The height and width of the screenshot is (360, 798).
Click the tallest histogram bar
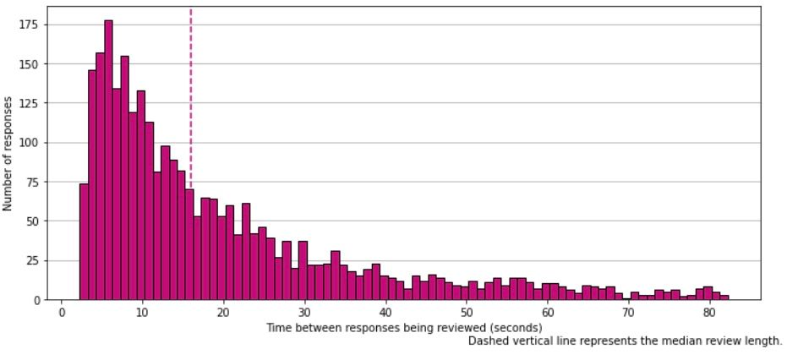tap(108, 161)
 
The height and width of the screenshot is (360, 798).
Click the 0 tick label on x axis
tap(62, 312)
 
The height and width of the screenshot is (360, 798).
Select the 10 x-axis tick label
tap(143, 312)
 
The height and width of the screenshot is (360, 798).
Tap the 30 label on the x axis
tap(304, 312)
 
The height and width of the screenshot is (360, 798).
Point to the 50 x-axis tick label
tap(466, 312)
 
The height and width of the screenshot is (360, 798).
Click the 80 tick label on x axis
tap(709, 312)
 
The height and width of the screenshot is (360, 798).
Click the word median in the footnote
tap(659, 341)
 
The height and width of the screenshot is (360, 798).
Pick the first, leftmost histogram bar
tap(84, 242)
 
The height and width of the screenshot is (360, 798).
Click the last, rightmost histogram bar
tap(724, 297)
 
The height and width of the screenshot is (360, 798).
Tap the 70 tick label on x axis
tap(628, 312)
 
